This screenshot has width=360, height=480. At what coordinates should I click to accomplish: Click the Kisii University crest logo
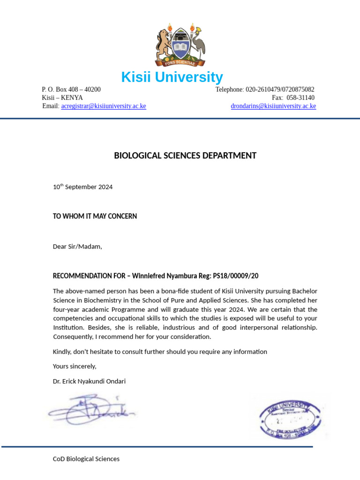click(x=180, y=45)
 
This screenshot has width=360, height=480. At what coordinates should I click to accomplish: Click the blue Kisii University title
click(x=172, y=77)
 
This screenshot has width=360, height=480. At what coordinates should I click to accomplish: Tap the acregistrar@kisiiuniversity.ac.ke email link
click(x=104, y=106)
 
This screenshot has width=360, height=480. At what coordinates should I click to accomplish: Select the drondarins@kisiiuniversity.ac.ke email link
click(x=273, y=106)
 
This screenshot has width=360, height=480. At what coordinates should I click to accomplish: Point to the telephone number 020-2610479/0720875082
click(x=280, y=90)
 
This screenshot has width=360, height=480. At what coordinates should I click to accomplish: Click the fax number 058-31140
click(x=300, y=98)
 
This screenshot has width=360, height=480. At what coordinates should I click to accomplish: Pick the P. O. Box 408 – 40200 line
click(x=71, y=90)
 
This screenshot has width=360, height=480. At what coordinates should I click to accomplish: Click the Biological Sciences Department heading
click(x=185, y=156)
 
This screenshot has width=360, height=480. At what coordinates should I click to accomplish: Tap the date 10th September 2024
click(x=82, y=187)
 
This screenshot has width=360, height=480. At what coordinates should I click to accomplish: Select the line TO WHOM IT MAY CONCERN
click(x=95, y=216)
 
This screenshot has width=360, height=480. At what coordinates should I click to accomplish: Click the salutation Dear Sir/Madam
click(x=77, y=247)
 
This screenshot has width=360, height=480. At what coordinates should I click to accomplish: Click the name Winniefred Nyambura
click(x=164, y=276)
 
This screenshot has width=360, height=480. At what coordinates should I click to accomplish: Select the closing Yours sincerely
click(x=75, y=366)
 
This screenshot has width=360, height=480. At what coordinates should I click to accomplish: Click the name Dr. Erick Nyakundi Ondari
click(x=89, y=381)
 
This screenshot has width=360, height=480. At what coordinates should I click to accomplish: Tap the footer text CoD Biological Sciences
click(x=86, y=459)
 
